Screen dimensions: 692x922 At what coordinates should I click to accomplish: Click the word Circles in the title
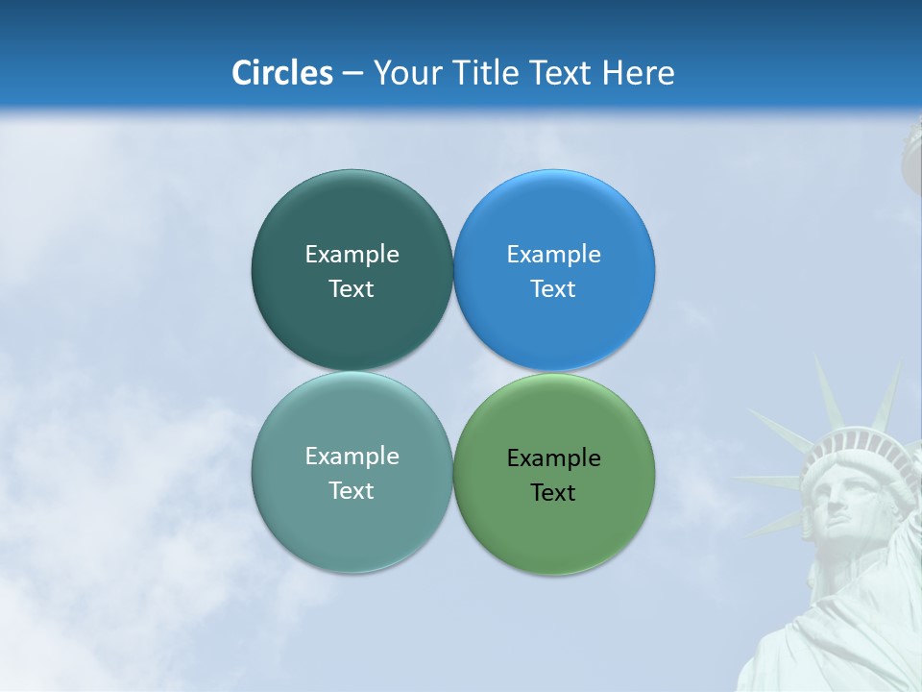click(282, 73)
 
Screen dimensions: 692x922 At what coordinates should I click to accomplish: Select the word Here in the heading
click(639, 73)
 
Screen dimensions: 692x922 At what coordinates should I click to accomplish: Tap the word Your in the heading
click(407, 73)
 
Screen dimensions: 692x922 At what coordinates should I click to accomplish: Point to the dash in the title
click(352, 74)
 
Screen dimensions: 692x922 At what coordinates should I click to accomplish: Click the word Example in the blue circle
click(554, 254)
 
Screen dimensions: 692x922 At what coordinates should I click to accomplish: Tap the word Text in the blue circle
click(553, 288)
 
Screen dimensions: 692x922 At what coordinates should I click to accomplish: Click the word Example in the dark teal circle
click(352, 254)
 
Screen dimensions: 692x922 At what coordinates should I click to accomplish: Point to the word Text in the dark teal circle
click(352, 288)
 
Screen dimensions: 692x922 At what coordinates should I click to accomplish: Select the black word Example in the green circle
click(554, 457)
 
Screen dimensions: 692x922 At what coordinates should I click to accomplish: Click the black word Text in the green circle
click(553, 492)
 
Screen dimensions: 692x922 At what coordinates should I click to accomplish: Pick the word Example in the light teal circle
click(352, 456)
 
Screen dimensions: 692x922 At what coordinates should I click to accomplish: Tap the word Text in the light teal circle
click(352, 490)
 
